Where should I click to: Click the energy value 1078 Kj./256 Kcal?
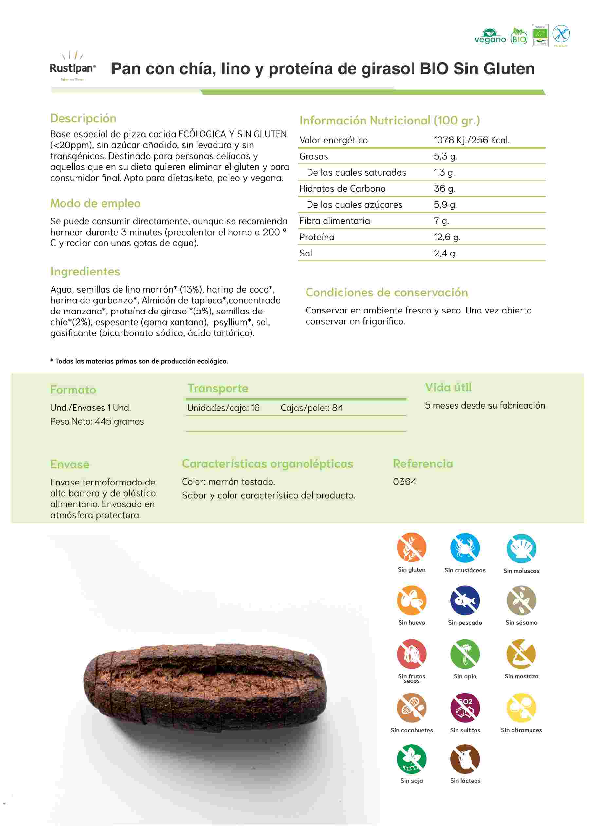471,140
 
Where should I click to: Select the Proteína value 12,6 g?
447,237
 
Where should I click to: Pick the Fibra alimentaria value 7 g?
441,221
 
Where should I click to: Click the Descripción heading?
83,118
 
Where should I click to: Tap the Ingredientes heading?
85,271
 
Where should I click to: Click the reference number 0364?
404,481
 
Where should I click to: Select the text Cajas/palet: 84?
311,408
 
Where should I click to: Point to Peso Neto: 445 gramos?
97,421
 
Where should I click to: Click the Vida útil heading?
448,387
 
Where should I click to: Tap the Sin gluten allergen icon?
411,547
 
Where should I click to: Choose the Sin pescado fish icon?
465,600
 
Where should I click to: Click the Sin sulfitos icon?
465,708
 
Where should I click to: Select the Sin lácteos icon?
465,759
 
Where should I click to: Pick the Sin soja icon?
411,759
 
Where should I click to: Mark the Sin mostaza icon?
521,654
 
